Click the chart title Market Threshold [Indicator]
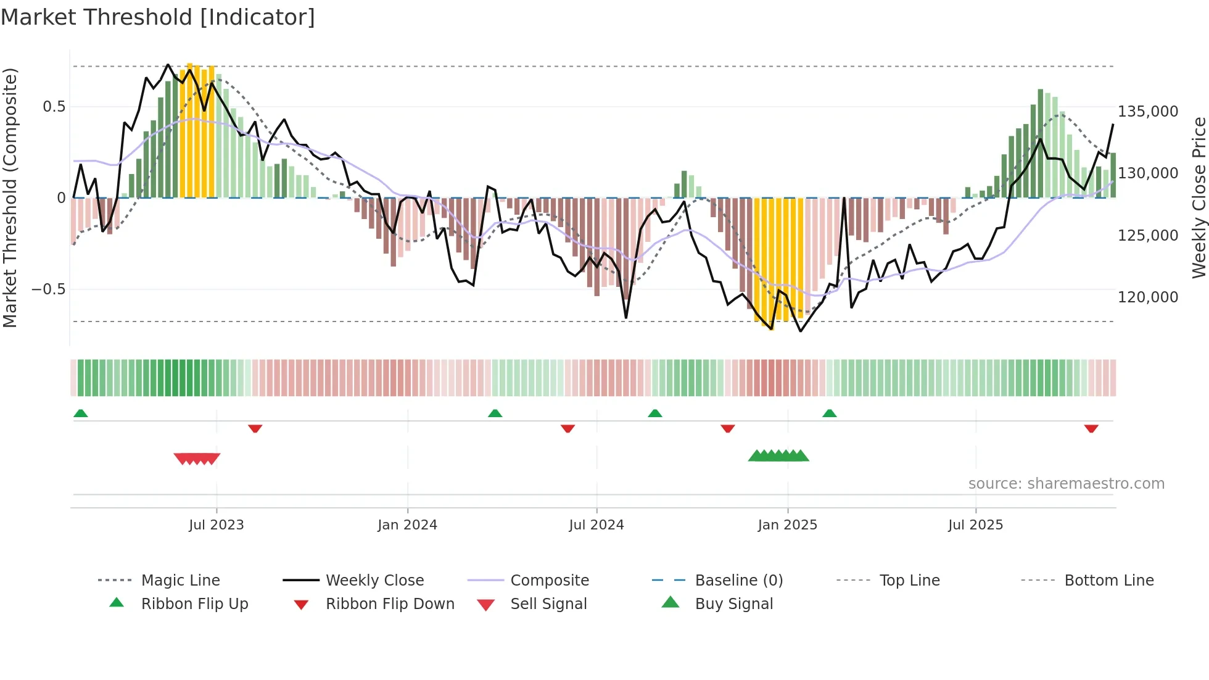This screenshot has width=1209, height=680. point(158,17)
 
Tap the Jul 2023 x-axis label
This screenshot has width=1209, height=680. point(216,525)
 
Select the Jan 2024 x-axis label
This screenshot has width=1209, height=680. point(407,525)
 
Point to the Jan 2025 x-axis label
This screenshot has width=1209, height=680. point(787,525)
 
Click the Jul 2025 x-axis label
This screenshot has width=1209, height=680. point(975,525)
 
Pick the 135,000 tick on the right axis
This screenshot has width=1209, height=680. point(1148,112)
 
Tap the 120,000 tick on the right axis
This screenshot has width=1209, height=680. point(1148,297)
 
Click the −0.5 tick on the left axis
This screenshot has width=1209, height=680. point(48,289)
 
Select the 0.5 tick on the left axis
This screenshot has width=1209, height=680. point(54,107)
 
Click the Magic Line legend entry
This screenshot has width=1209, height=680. point(180,581)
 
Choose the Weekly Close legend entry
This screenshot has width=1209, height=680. point(374,581)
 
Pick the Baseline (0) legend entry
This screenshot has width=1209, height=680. point(738,581)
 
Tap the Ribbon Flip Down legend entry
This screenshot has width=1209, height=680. point(390,604)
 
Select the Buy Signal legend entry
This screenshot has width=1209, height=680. point(733,604)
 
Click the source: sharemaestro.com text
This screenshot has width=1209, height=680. point(1066,484)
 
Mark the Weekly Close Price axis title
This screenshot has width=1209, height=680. point(1199,197)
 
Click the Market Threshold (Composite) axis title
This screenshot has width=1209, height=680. point(10,197)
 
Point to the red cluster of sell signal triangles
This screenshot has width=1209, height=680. point(197,458)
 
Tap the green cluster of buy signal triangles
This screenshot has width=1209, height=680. point(778,456)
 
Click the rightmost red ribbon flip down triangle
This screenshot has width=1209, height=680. point(1091,428)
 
